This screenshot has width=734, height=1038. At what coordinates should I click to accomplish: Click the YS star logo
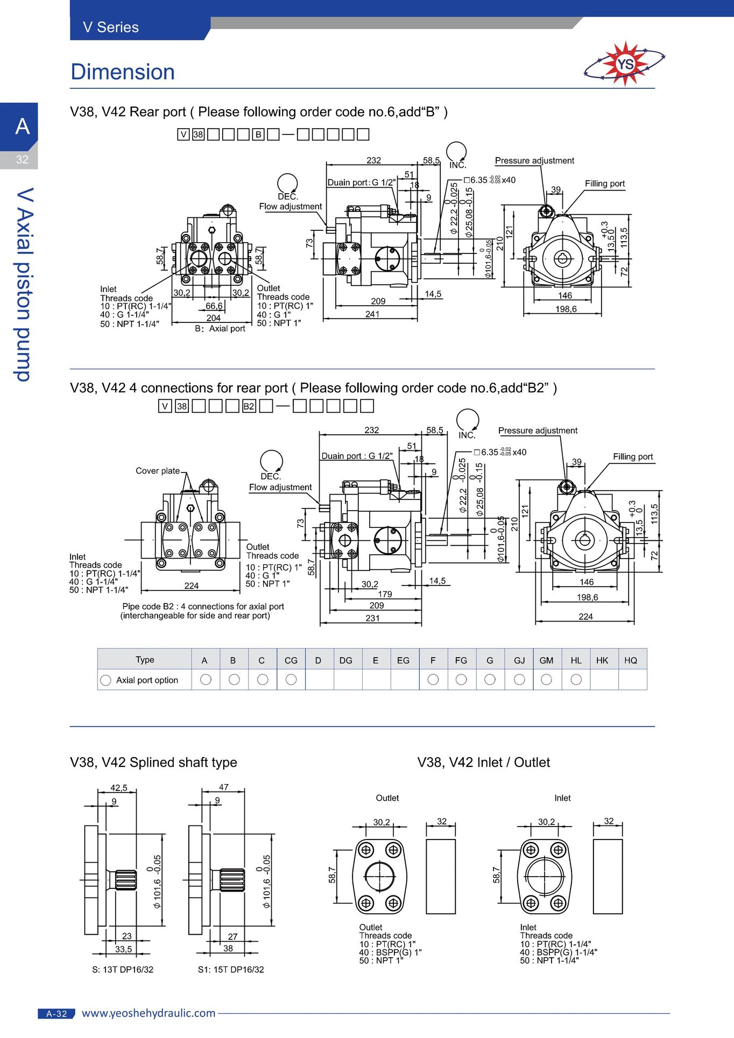(x=625, y=64)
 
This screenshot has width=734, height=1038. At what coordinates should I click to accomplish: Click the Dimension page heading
(x=123, y=72)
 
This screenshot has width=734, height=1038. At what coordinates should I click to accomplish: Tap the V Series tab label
(x=111, y=27)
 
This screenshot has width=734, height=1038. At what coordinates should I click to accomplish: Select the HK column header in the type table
(x=602, y=660)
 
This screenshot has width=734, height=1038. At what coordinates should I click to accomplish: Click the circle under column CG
(x=291, y=680)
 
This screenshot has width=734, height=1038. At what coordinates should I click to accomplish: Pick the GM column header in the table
(x=546, y=660)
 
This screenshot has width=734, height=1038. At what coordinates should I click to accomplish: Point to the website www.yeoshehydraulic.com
(x=149, y=1013)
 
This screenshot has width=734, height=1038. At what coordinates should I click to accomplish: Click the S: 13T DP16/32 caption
(x=123, y=969)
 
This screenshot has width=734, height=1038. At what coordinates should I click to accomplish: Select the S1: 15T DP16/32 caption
(x=231, y=969)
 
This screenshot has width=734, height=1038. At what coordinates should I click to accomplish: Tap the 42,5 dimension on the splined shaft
(x=119, y=788)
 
